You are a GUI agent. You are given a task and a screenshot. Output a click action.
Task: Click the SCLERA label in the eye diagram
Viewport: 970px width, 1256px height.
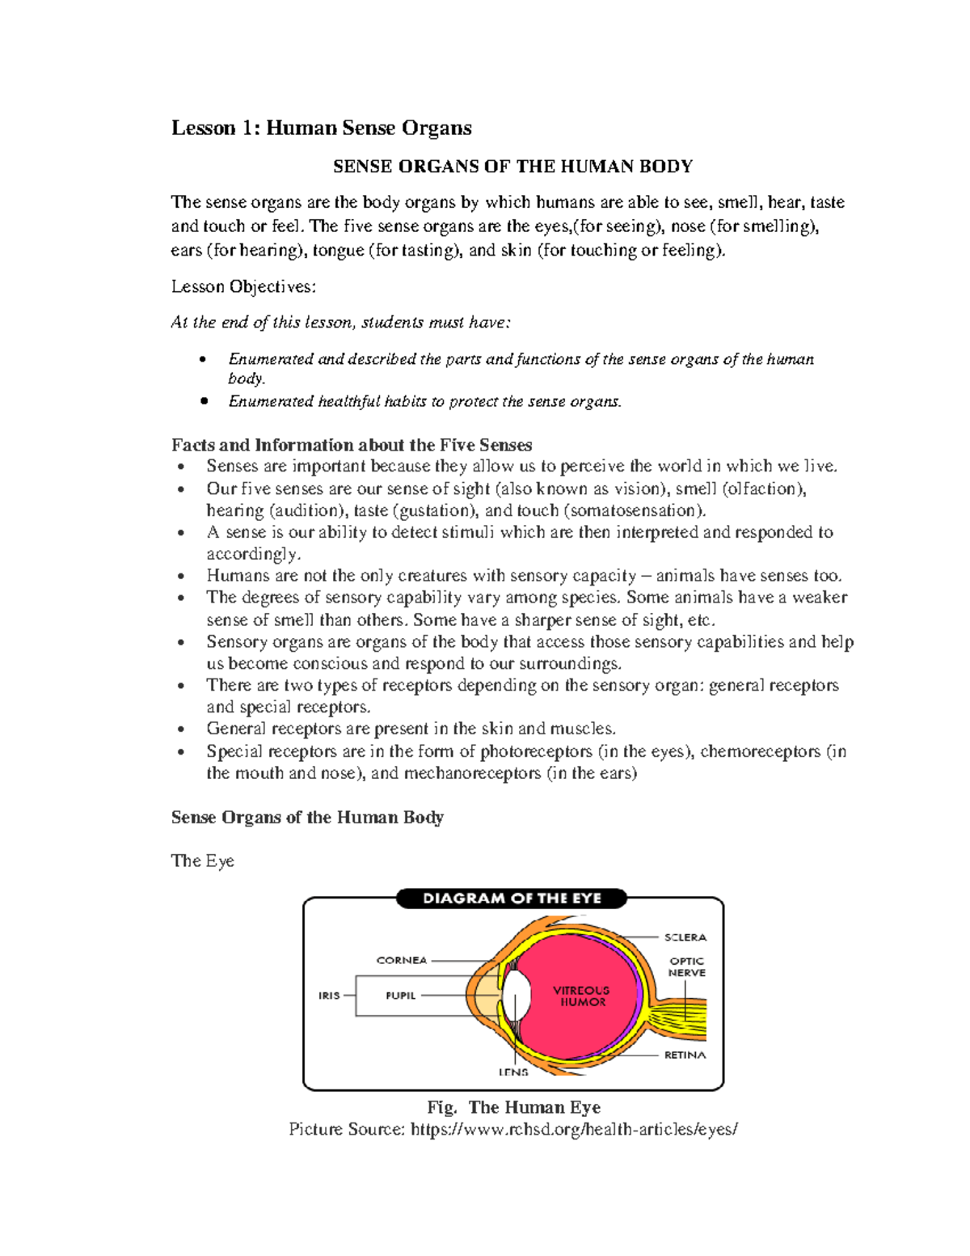[685, 937]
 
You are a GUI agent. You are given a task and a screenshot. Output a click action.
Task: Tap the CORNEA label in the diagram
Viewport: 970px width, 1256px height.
[401, 960]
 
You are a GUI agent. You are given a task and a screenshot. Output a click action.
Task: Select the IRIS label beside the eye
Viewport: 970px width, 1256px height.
[329, 996]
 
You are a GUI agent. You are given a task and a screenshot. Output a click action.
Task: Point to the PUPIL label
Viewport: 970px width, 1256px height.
[400, 996]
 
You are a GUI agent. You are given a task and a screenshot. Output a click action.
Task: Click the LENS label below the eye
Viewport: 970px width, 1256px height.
[513, 1072]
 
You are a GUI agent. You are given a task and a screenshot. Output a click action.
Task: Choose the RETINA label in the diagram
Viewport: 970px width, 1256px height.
[685, 1055]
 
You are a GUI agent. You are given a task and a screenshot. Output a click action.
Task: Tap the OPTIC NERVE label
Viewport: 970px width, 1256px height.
[686, 967]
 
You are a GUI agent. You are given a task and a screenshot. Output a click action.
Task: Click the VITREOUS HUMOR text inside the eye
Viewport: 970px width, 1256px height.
[581, 996]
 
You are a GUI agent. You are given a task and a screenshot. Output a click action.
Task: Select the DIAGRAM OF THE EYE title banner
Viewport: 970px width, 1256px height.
[512, 899]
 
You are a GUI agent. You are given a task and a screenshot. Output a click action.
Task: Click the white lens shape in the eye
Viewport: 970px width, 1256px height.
[517, 996]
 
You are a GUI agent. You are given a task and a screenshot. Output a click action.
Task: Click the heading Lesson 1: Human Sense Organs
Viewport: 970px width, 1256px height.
[321, 128]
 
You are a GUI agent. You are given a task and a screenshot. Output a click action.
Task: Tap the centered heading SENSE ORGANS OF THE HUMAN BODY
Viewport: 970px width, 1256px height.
[512, 167]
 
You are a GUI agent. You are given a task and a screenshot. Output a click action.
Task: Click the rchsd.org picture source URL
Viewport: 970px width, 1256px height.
[574, 1129]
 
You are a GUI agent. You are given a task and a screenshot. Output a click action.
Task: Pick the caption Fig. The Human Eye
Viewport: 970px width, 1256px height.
[513, 1107]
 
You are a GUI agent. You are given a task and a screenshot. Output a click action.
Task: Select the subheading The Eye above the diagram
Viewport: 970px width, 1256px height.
[202, 861]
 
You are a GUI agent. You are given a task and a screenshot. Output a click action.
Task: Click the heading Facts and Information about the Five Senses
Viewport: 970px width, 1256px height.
[352, 445]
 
